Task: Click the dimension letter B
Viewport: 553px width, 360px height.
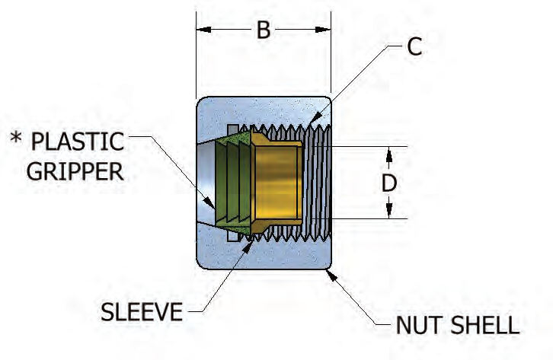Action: pos(263,30)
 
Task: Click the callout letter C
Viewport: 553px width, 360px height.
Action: pos(414,47)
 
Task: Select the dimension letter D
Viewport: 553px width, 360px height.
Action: pos(388,183)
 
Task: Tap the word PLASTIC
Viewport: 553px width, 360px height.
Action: pos(77,142)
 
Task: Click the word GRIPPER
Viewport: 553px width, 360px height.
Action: pos(75,171)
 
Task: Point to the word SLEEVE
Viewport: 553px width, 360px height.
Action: pos(142,312)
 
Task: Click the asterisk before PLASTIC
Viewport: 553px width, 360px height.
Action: pos(15,140)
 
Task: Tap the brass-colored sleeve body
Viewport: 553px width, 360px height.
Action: pos(278,183)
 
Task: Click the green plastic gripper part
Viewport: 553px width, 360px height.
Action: pos(232,183)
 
